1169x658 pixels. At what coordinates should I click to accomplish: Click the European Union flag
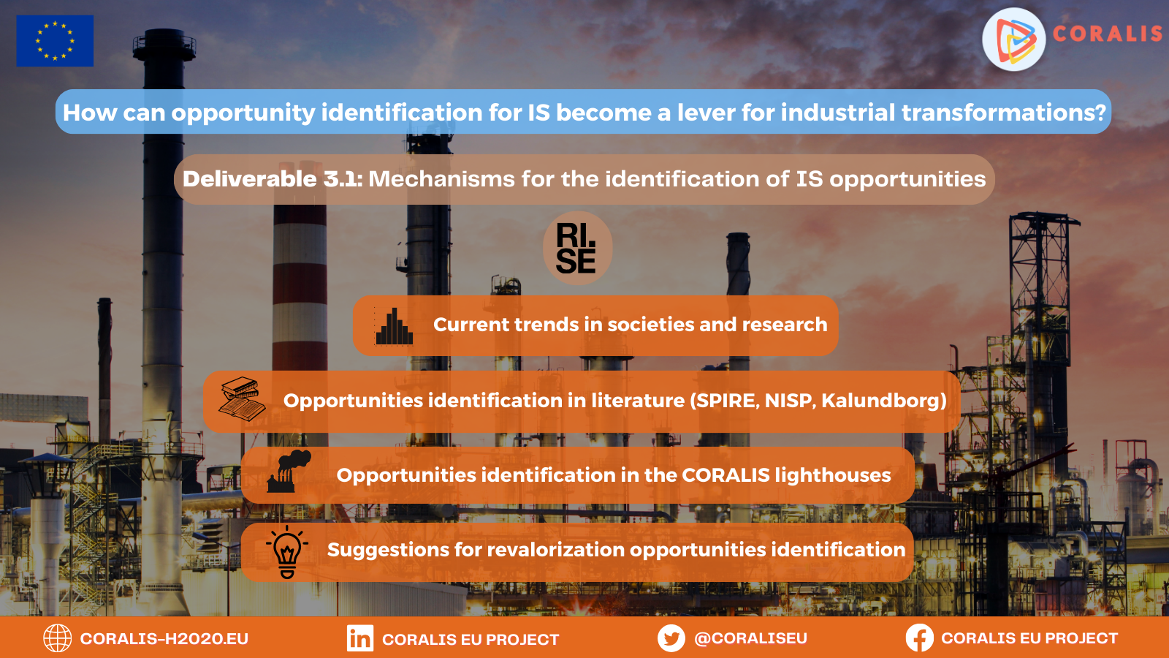click(55, 41)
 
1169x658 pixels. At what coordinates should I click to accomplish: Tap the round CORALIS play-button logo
click(1014, 39)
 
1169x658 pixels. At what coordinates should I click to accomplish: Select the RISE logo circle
click(576, 249)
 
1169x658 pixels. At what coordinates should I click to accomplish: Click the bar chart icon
click(394, 326)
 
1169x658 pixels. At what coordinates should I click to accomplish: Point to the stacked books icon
click(242, 399)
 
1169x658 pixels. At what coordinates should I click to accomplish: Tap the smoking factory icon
click(289, 471)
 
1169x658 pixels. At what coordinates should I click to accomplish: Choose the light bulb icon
click(287, 552)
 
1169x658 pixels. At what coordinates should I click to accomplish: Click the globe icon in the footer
click(58, 638)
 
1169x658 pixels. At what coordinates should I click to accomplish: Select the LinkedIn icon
click(360, 638)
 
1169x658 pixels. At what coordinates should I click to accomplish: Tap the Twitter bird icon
click(671, 638)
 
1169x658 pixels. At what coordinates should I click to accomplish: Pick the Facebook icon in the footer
click(920, 638)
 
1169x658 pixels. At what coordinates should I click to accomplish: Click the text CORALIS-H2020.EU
click(164, 639)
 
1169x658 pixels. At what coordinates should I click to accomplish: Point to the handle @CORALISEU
click(750, 638)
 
